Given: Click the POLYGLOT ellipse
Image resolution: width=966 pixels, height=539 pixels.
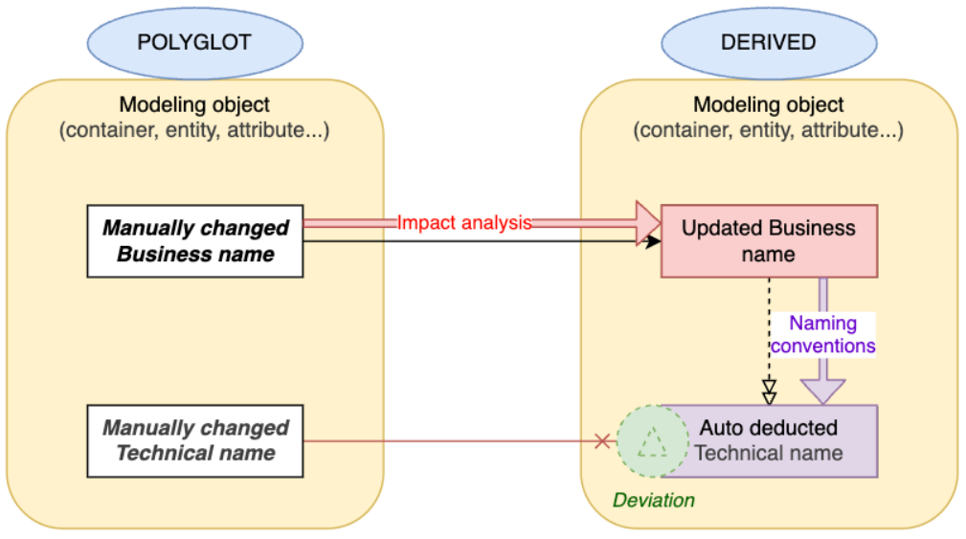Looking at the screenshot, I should point(194,43).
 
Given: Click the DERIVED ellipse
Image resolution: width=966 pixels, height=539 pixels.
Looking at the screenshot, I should point(769,43).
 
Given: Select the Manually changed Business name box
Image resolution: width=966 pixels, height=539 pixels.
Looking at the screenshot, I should point(195,241).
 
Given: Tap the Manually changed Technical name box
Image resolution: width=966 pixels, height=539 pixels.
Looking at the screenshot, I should point(195,440).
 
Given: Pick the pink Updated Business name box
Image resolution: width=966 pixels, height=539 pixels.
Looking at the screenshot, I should point(769,241).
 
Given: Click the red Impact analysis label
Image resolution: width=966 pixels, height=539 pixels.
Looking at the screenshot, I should point(464,223).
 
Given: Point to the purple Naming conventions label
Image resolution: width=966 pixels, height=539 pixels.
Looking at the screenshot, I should point(823,334).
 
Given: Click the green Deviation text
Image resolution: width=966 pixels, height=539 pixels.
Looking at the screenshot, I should point(654,501).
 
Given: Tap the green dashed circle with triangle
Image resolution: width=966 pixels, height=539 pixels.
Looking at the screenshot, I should point(653,441).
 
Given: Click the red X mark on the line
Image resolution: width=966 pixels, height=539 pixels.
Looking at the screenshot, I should point(602,441).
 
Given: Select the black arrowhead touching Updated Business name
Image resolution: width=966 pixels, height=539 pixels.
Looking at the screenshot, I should point(653,242).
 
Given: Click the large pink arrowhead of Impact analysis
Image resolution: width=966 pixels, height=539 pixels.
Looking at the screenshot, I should point(647,223).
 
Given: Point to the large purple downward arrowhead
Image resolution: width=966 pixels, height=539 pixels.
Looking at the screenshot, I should point(823,390).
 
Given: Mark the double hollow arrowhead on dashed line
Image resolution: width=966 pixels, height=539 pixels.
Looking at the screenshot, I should point(769,393).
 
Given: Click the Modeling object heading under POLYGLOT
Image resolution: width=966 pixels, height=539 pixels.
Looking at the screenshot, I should point(194,105).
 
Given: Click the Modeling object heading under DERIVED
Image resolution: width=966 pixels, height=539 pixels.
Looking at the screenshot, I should point(769,105).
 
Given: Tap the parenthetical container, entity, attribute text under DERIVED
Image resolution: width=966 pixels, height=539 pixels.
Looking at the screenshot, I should point(769,130).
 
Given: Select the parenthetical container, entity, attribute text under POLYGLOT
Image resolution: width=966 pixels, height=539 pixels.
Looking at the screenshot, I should point(194,130).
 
